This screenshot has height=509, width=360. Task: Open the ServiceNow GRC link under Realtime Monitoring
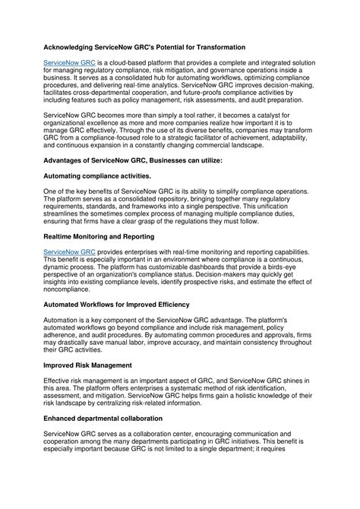pyautogui.click(x=70, y=251)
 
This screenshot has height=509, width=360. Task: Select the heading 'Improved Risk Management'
pyautogui.click(x=90, y=365)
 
